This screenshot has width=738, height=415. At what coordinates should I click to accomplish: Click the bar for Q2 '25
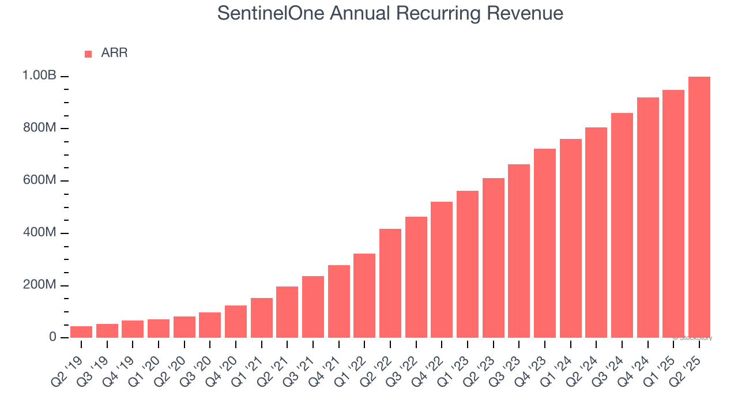(x=699, y=207)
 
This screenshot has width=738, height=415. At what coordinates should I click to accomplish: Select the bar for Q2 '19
(x=81, y=332)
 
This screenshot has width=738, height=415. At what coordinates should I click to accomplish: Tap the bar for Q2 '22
(x=390, y=283)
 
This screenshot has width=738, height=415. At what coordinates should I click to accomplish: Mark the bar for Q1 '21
(x=261, y=318)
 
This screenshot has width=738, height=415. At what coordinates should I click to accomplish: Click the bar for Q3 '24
(x=622, y=225)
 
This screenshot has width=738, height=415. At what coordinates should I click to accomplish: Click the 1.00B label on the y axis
(x=39, y=76)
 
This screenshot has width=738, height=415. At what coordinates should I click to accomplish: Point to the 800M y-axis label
(x=40, y=128)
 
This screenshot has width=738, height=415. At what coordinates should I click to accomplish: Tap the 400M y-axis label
(x=40, y=233)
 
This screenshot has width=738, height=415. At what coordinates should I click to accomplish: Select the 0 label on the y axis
(x=52, y=337)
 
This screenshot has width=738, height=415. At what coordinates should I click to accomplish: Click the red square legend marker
(x=88, y=54)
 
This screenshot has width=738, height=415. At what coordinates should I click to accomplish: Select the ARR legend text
(x=114, y=53)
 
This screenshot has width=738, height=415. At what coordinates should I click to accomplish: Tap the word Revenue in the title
(x=528, y=13)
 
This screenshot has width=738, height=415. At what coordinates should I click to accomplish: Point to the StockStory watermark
(x=693, y=338)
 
